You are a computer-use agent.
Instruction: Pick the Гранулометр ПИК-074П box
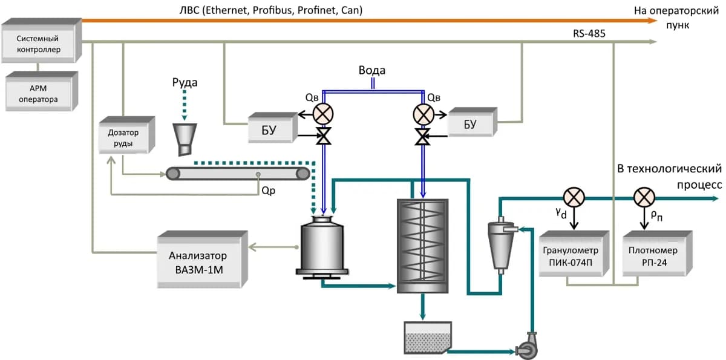(570, 255)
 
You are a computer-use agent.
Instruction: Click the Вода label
(371, 70)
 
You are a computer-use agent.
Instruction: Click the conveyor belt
(238, 174)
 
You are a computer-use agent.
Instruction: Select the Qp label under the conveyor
(269, 189)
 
